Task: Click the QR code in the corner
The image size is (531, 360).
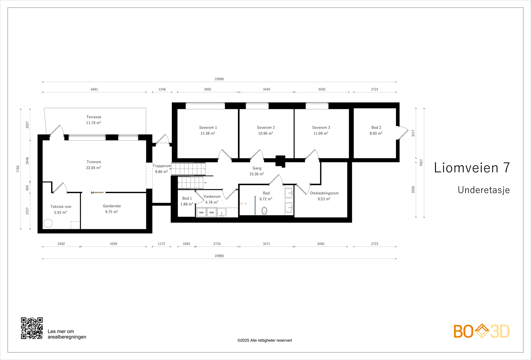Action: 32,328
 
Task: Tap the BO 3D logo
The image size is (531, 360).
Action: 482,331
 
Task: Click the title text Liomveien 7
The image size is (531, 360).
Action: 472,168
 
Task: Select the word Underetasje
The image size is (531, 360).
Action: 484,190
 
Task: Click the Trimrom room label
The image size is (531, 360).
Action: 94,162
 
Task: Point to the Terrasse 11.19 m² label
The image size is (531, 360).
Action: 94,120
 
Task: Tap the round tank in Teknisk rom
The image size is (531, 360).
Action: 48,223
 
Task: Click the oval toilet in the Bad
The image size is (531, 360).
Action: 265,210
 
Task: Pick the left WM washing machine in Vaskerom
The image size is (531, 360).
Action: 201,212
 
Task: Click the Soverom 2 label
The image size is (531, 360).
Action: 266,127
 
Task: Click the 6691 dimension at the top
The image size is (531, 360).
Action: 94,89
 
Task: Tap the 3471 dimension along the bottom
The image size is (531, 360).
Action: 266,244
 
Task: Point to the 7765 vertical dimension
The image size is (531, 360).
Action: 18,169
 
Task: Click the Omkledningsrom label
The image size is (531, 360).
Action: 324,193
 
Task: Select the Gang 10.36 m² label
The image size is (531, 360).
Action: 257,171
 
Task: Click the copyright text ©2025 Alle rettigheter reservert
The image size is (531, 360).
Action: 265,340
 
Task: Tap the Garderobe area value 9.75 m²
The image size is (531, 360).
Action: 112,212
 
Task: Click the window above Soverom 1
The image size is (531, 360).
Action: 205,106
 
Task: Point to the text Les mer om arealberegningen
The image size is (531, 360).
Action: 67,334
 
